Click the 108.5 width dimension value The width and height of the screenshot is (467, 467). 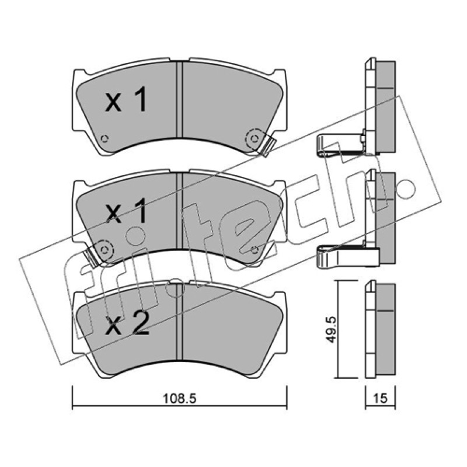tap(180, 399)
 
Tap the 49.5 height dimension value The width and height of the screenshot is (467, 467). tap(331, 330)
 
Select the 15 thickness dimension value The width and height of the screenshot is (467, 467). tap(381, 398)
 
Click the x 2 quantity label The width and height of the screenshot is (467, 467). tap(127, 325)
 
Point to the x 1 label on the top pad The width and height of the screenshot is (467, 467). tap(126, 100)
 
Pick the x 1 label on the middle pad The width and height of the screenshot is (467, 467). tap(126, 211)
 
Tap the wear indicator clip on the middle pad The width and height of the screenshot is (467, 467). tap(92, 256)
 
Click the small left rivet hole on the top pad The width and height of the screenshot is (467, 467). tap(104, 138)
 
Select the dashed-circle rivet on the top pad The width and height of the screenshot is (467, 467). tap(255, 138)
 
